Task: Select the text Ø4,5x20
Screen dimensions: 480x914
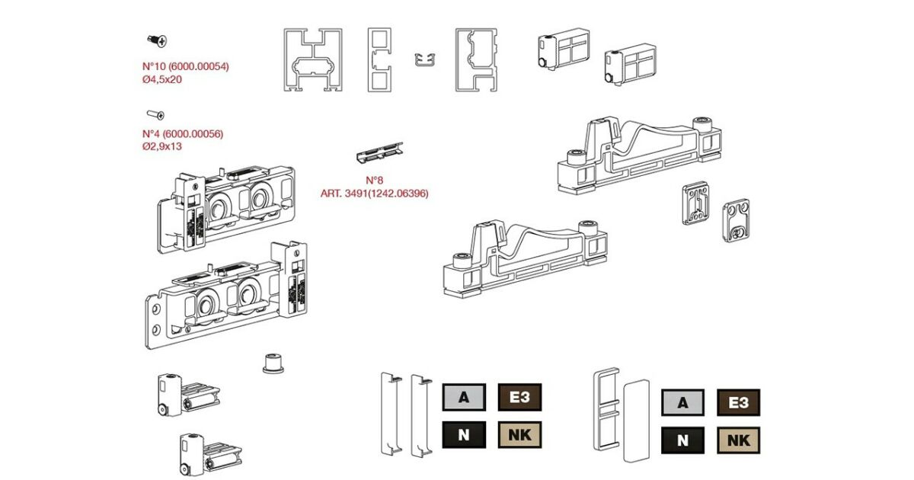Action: point(162,79)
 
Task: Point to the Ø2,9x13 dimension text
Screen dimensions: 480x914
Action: point(162,146)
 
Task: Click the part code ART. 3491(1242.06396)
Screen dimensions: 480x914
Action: point(374,194)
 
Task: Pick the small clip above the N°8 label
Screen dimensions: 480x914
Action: point(379,152)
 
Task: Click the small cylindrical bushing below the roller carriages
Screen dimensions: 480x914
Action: point(272,363)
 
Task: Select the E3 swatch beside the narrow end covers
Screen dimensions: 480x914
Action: point(519,397)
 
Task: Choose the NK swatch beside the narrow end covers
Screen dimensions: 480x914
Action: point(519,435)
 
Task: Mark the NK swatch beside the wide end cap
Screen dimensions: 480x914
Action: point(738,440)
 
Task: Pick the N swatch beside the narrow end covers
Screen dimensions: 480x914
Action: point(464,435)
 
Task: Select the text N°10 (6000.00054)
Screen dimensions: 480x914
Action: point(186,66)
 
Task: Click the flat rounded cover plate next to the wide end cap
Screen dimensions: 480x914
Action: point(634,418)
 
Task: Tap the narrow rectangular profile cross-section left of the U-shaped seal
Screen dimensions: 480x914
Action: point(379,60)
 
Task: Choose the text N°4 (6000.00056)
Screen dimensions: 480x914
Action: point(183,133)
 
